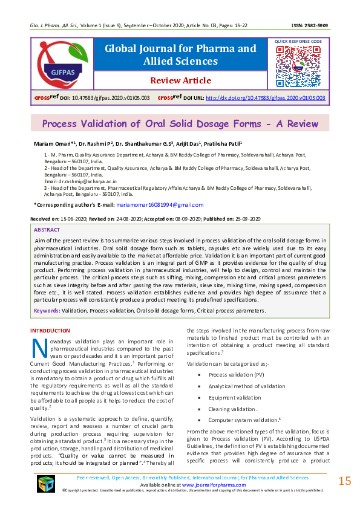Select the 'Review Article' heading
pos(180,80)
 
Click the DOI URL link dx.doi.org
pos(266,97)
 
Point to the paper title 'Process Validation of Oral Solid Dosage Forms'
pos(180,124)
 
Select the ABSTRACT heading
pos(47,230)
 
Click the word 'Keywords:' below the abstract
pos(47,310)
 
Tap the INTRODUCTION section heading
pos(50,331)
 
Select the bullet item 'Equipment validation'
pos(235,397)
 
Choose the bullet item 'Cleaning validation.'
pos(232,409)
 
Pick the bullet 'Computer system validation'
pos(243,420)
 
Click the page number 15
pos(345,481)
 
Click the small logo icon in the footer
pos(46,484)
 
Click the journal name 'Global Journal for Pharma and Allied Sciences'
pos(180,54)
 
